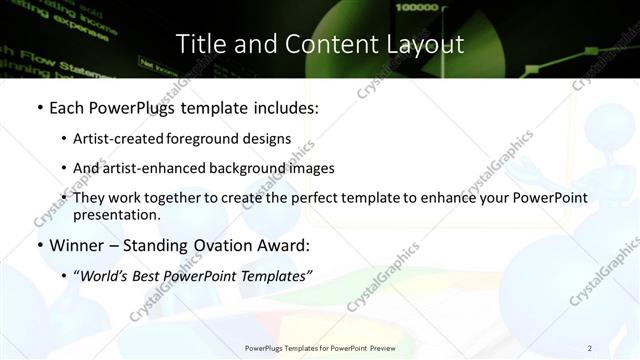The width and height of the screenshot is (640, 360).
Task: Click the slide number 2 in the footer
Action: click(x=589, y=348)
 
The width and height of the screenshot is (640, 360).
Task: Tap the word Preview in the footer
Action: click(x=383, y=348)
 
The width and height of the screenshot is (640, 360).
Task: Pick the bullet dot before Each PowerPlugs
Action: click(x=39, y=107)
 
